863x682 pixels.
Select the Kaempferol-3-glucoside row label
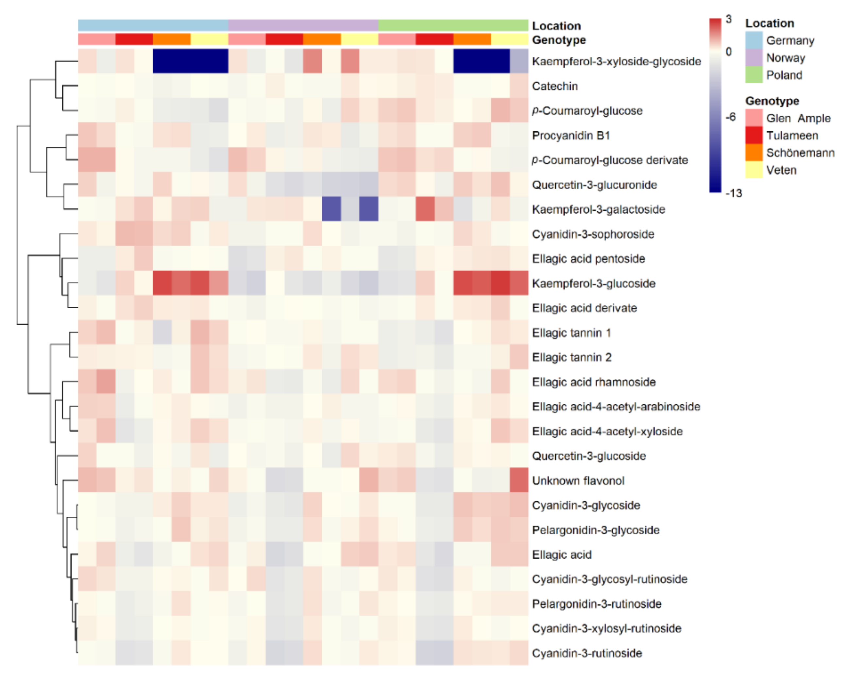pos(593,284)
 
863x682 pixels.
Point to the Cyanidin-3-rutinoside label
pos(587,653)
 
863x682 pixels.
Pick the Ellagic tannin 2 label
pos(571,357)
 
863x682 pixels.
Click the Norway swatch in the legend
pos(753,57)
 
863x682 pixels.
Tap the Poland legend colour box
pos(753,75)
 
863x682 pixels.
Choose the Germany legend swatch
pos(753,40)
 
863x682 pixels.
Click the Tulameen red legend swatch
pos(753,135)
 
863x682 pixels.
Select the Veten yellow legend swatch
pos(753,170)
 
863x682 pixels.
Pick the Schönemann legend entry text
pos(800,153)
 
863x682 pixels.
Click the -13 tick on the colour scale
pos(734,193)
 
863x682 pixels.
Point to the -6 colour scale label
pos(730,117)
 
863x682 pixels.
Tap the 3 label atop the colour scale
pos(729,19)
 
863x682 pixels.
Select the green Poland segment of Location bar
pos(453,25)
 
